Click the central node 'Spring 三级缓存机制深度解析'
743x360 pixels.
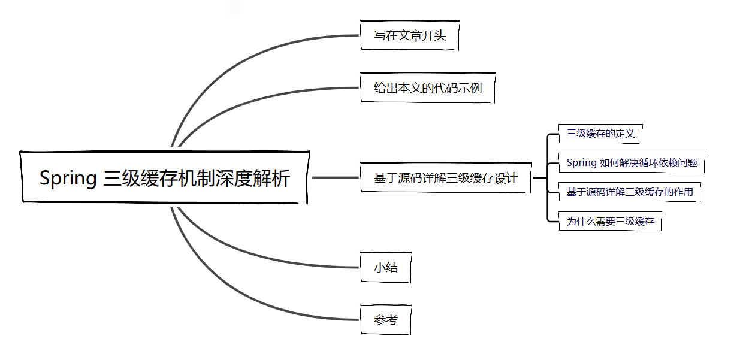click(165, 177)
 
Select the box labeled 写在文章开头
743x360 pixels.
click(410, 35)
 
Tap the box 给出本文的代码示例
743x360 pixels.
click(427, 88)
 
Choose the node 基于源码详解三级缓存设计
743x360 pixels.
click(445, 178)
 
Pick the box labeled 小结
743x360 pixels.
click(386, 267)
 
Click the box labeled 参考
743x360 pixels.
click(386, 320)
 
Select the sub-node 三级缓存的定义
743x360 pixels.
click(600, 134)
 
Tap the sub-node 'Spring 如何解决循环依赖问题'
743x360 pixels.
click(632, 162)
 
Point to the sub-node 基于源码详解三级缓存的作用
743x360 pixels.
click(629, 192)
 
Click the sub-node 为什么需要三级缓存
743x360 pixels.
click(610, 222)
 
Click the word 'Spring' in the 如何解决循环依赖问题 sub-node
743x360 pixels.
click(581, 162)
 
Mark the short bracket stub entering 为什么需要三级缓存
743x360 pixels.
click(553, 222)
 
